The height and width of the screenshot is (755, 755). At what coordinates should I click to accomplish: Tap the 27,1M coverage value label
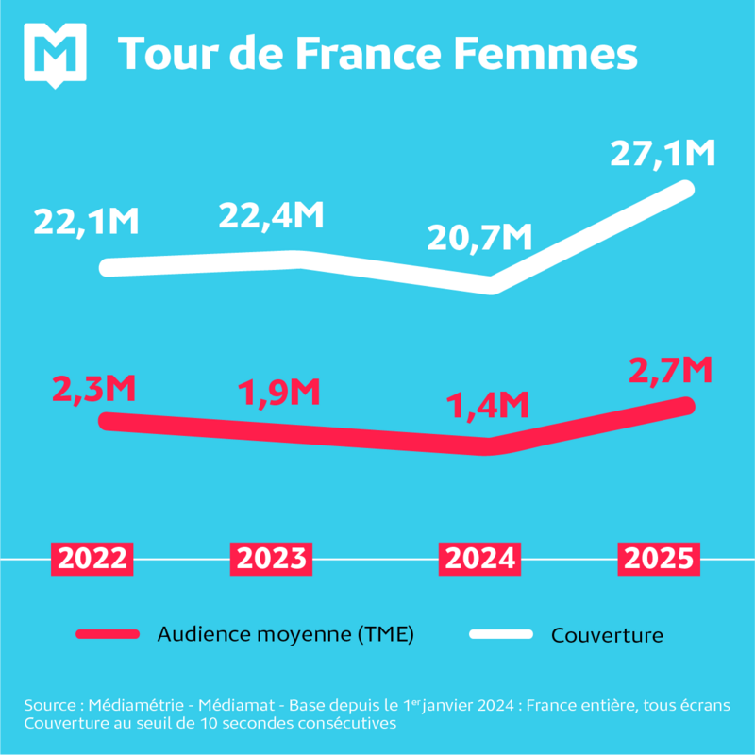[663, 154]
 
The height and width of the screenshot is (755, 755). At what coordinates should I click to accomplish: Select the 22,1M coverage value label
[87, 222]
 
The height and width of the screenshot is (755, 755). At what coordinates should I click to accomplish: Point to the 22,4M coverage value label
[272, 215]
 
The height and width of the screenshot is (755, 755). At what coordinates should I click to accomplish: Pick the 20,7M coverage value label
[479, 238]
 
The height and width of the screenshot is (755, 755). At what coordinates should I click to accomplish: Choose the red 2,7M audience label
[668, 369]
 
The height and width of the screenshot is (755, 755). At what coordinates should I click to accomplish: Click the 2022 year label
[92, 559]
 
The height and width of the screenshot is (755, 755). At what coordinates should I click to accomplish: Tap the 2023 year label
[271, 559]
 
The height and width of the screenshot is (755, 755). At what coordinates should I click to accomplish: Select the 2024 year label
[480, 559]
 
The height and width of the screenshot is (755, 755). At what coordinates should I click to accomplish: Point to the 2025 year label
[661, 559]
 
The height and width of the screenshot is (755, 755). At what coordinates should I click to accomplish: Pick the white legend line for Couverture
[501, 634]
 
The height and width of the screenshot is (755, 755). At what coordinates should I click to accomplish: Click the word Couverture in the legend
[607, 635]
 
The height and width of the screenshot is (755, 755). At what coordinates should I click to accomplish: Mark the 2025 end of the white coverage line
[687, 187]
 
